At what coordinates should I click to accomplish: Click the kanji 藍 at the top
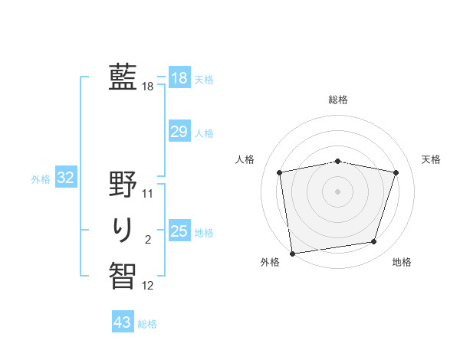point(123,77)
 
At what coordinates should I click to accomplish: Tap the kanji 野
point(123,184)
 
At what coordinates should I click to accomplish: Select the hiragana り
point(123,228)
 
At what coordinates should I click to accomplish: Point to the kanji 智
point(123,273)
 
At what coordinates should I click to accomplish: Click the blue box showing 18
point(179,78)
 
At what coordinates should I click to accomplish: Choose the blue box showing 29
point(179,133)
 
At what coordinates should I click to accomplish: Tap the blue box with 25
point(179,231)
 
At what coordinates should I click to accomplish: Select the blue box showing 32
point(65,178)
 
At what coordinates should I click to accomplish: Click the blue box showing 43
point(122,322)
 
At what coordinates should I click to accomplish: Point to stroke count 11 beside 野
point(148,194)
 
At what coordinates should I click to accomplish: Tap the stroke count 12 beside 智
point(148,286)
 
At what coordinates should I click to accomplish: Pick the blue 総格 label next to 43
point(147,324)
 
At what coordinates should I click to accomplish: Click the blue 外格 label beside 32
point(41,179)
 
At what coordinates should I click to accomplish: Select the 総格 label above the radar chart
point(338,100)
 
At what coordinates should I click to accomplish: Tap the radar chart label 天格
point(432,159)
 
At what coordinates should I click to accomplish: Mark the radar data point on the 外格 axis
point(292,253)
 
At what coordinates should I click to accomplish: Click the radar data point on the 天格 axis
point(396,172)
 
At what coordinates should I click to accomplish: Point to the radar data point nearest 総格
point(338,161)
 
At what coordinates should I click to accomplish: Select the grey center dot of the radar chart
point(338,191)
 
